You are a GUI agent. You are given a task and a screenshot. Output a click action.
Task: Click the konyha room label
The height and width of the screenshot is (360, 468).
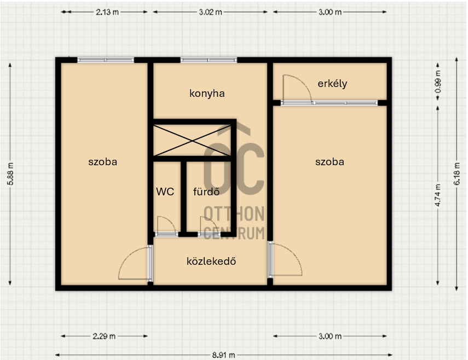(207, 94)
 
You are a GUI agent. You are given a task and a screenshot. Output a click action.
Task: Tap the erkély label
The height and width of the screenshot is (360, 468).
(332, 84)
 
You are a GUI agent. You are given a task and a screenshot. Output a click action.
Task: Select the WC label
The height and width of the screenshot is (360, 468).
(165, 191)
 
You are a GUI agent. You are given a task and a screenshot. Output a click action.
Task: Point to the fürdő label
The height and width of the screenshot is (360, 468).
(206, 191)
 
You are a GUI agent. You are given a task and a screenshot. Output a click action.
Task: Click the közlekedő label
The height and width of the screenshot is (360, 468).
(211, 261)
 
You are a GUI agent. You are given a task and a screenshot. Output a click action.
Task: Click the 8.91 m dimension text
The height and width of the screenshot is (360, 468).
(223, 355)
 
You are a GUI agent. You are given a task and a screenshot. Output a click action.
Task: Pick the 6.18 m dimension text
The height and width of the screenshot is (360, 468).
(457, 174)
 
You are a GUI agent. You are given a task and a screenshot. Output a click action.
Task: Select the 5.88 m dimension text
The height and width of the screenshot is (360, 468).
(10, 174)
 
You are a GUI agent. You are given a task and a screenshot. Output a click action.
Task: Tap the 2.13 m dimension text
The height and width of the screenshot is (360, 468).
(107, 12)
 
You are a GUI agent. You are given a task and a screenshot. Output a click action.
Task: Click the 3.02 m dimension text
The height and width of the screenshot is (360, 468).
(210, 12)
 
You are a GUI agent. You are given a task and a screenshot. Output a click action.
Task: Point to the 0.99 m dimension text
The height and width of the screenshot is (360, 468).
(438, 82)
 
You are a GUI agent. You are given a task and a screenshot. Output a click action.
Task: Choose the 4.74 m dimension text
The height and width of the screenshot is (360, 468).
(438, 195)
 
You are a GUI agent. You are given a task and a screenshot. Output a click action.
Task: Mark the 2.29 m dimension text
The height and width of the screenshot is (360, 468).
(104, 336)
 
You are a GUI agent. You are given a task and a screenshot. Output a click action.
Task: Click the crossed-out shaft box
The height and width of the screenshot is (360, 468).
(192, 140)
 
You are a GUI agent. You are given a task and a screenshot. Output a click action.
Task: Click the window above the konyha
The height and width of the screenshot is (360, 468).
(209, 60)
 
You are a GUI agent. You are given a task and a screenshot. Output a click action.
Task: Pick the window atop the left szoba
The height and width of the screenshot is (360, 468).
(106, 60)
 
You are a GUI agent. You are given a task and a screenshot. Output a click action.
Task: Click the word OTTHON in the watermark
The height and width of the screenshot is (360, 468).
(234, 213)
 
